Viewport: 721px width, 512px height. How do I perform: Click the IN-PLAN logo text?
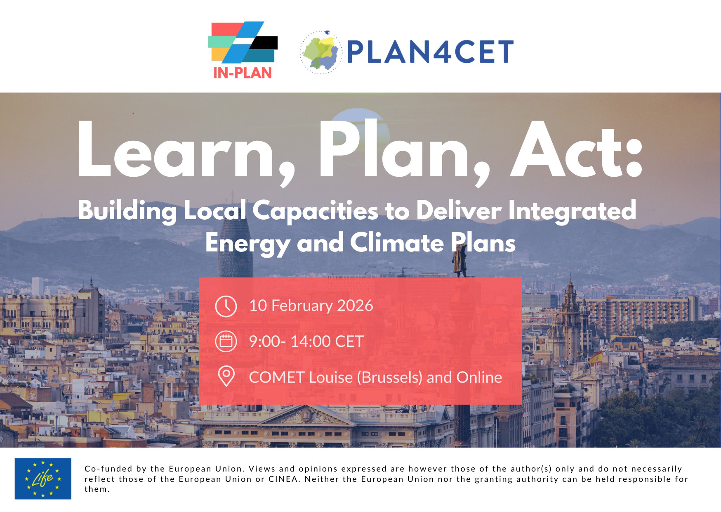[243, 73]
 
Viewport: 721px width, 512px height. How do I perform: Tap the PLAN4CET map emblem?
[321, 52]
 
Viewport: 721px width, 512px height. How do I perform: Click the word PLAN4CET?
[430, 52]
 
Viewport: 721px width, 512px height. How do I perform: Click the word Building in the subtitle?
[127, 211]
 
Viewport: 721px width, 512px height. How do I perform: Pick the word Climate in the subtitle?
[397, 242]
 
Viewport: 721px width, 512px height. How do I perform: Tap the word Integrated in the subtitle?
[572, 211]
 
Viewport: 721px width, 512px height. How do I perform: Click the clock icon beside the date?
[226, 306]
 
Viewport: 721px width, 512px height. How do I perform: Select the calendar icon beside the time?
[226, 341]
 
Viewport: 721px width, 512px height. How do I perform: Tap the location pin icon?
[226, 376]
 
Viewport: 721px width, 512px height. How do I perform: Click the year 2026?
[355, 306]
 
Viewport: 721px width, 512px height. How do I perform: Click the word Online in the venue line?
[479, 377]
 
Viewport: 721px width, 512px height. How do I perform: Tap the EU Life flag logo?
[43, 479]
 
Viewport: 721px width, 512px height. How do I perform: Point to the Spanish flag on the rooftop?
[595, 358]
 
